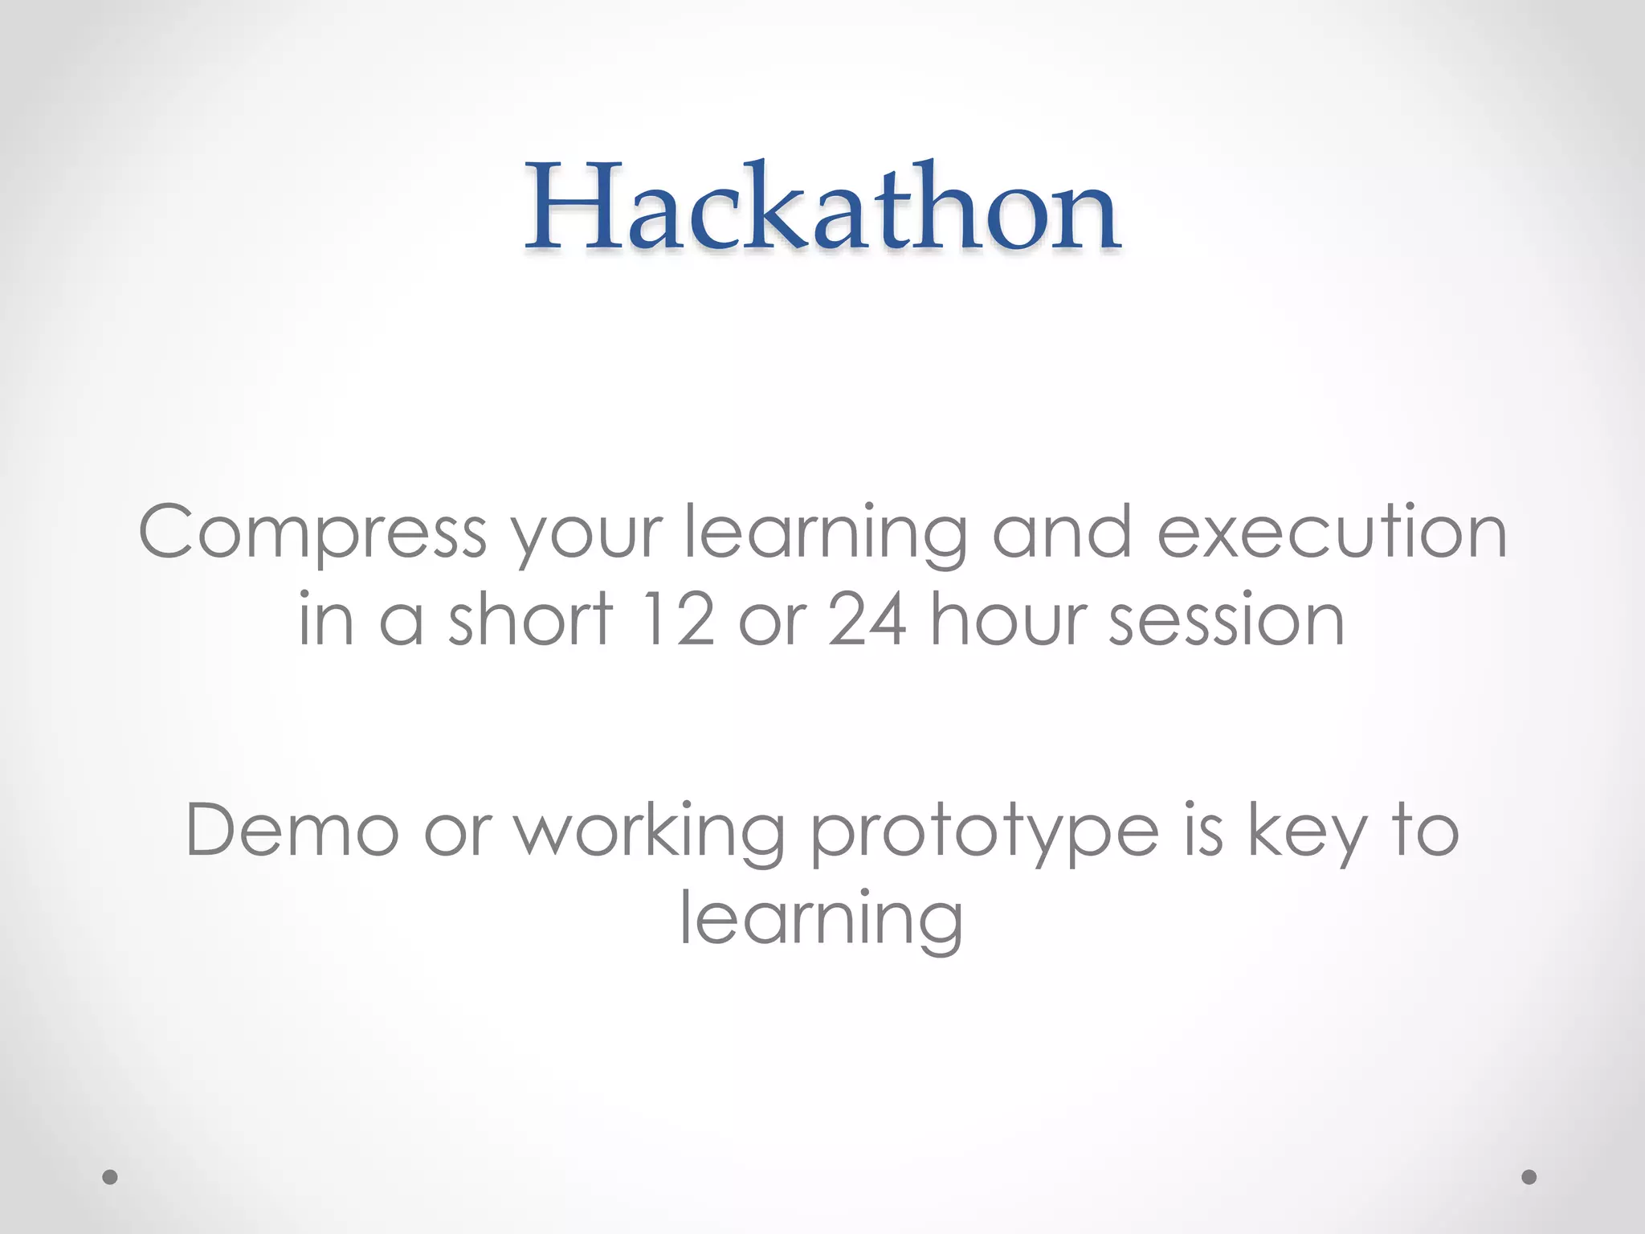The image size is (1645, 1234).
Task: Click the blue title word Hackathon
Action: coord(822,207)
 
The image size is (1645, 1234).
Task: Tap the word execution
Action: coord(1332,532)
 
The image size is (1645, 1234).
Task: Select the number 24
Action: coord(867,620)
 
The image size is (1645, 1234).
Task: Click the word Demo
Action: coord(292,831)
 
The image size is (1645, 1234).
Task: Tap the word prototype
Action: coord(984,836)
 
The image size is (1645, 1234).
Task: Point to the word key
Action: coord(1306,836)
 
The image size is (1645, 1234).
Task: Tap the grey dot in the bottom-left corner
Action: coord(111,1177)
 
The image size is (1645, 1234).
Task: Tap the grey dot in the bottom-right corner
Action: coord(1529,1177)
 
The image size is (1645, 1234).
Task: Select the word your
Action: coord(588,537)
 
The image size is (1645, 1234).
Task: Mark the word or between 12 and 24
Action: coord(772,623)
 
